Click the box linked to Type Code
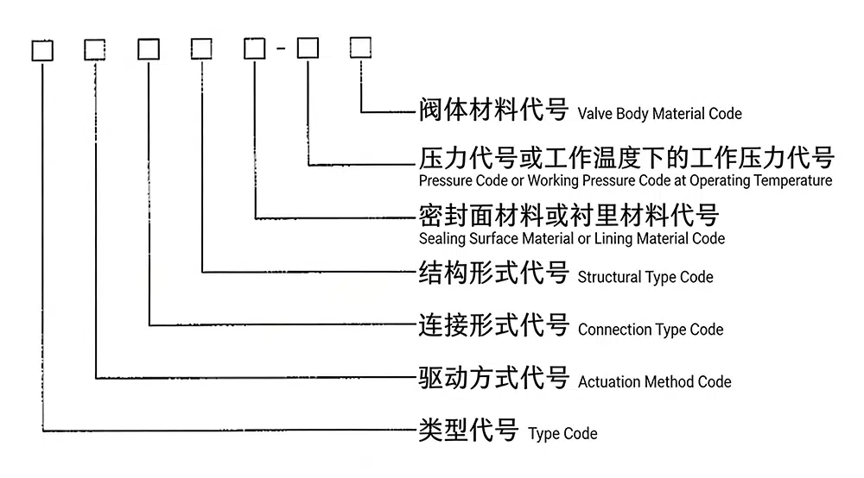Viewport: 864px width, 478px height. (42, 50)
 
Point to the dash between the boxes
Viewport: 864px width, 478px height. (282, 49)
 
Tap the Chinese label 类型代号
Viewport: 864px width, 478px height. (467, 430)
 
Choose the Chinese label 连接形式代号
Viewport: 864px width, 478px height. (492, 325)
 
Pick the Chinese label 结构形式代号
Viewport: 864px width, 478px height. (492, 274)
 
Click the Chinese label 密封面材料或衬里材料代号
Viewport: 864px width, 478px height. (568, 215)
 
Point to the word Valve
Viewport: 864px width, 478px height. (594, 113)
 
